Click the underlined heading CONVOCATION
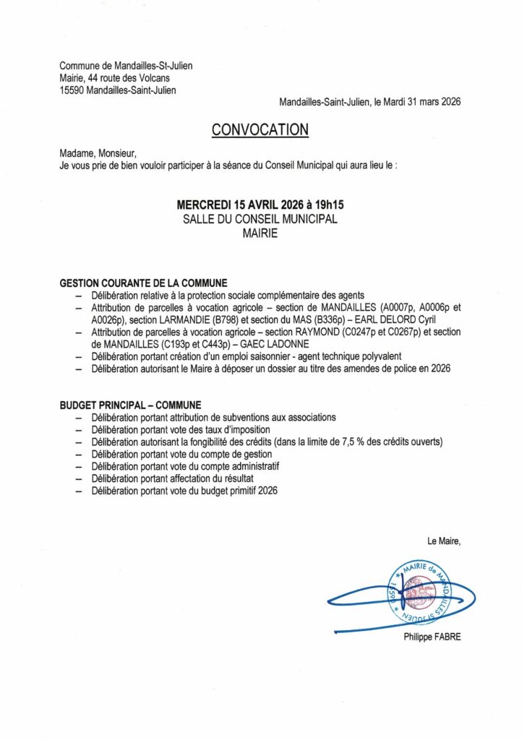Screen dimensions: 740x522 point(260,129)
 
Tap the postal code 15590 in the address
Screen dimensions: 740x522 point(72,90)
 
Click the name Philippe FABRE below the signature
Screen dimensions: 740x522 point(432,637)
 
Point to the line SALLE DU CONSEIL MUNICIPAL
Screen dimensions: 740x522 point(260,220)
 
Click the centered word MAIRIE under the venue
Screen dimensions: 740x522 point(260,233)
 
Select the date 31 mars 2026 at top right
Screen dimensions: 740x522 point(426,103)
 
